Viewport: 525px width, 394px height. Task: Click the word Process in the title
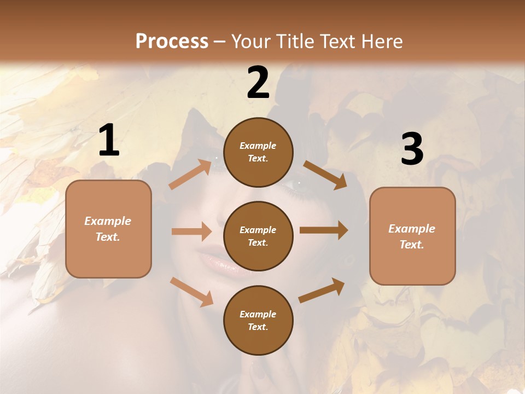(x=172, y=41)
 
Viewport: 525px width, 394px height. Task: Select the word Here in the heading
(x=380, y=41)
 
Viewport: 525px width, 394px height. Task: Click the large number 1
(x=109, y=141)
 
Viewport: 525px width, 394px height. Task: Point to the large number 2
(x=258, y=83)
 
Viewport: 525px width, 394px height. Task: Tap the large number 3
(x=412, y=149)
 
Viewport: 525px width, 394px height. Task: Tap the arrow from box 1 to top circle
(x=190, y=175)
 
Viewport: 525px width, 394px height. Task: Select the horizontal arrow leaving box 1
(x=191, y=231)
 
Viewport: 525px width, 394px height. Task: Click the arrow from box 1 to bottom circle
(x=191, y=292)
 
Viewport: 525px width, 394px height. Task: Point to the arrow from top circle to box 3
(x=325, y=175)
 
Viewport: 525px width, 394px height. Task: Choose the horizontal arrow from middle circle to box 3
(x=324, y=230)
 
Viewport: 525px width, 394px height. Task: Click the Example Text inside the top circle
(x=258, y=152)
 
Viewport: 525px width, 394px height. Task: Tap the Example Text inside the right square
(x=412, y=236)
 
